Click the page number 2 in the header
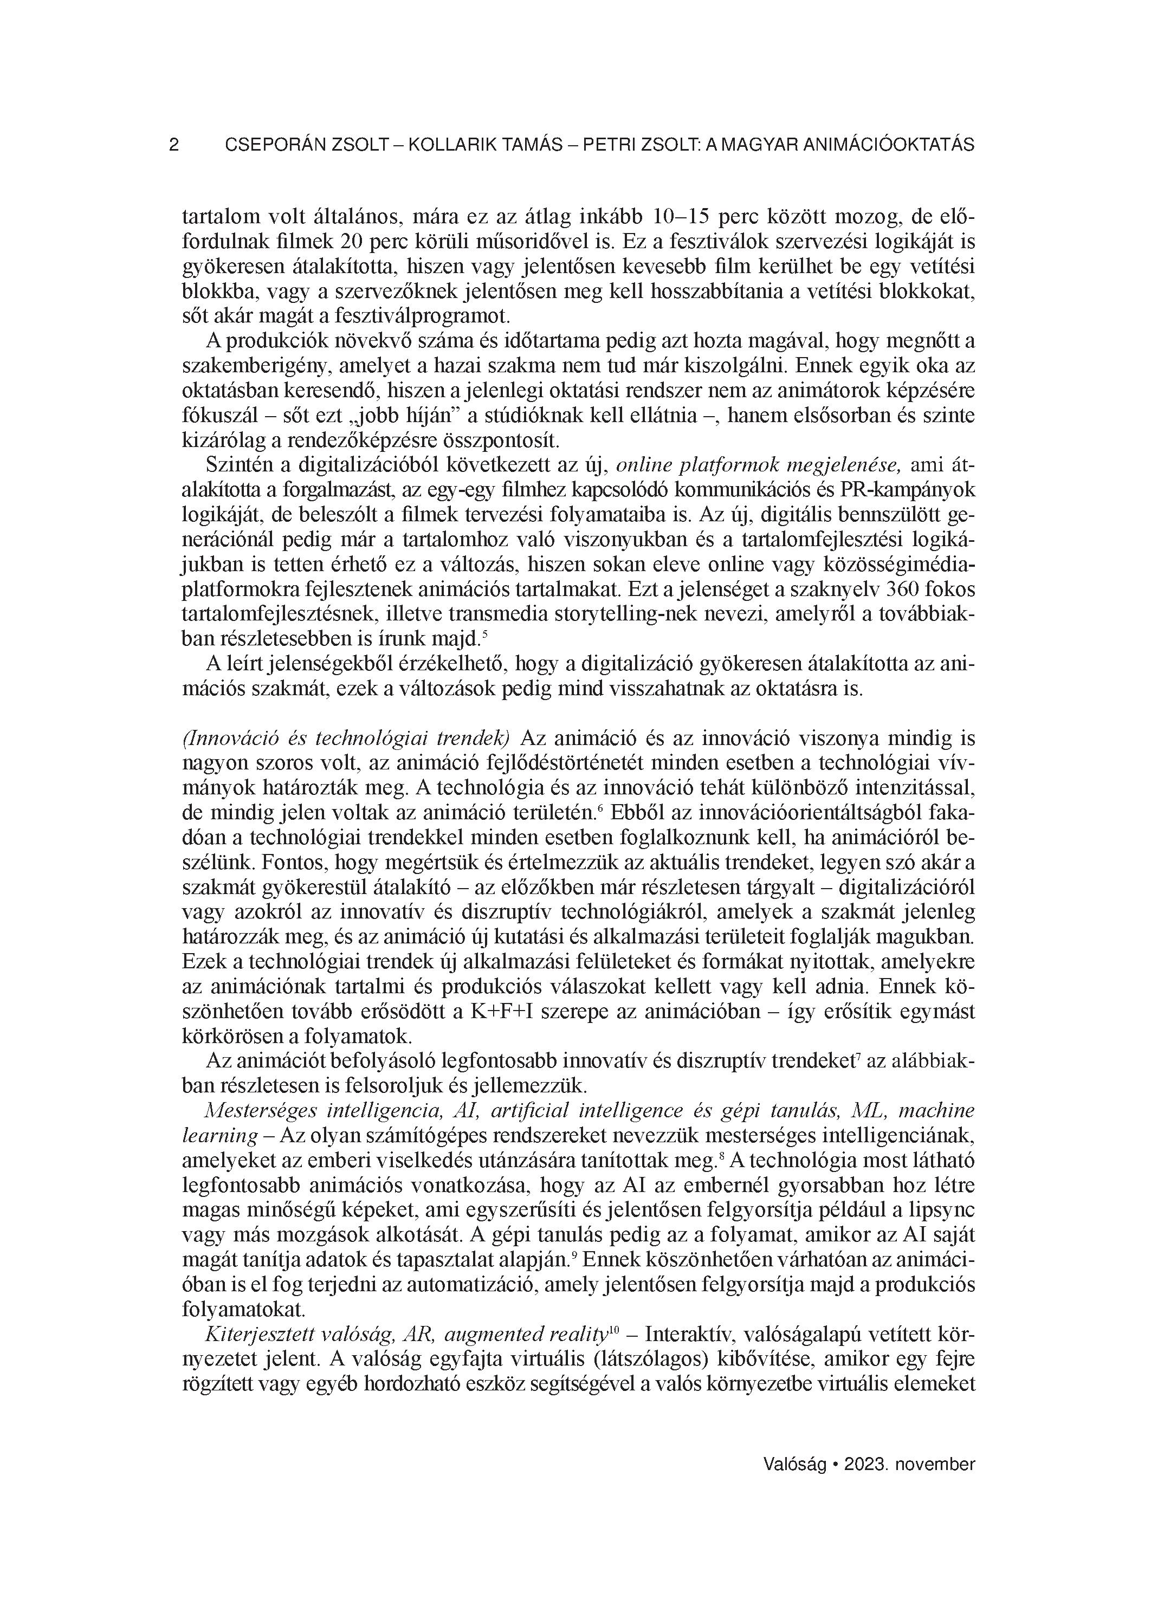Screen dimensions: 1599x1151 (174, 145)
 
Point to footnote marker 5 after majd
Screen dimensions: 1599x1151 (484, 632)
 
